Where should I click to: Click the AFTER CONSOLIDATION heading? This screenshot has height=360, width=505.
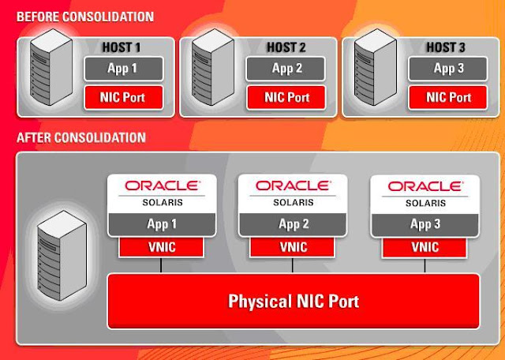pos(81,137)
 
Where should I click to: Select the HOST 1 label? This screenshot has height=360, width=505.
pos(122,48)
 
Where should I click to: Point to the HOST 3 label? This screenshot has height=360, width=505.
pos(447,48)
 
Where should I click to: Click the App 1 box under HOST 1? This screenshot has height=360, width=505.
pos(123,68)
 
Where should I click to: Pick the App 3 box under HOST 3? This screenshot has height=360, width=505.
pos(447,68)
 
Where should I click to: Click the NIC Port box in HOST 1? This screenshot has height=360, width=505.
pos(123,98)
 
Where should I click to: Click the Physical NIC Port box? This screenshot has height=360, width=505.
pos(294,301)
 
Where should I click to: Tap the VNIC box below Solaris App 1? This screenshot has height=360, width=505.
pos(161,246)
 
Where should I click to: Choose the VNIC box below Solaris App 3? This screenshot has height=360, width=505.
pos(425,246)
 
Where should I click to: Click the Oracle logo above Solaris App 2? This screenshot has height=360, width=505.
pos(294,186)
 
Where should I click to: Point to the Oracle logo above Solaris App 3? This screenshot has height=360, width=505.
pos(425,186)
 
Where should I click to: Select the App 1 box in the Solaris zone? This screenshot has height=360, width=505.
pos(161,224)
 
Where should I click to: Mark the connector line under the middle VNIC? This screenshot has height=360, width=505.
pos(294,265)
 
